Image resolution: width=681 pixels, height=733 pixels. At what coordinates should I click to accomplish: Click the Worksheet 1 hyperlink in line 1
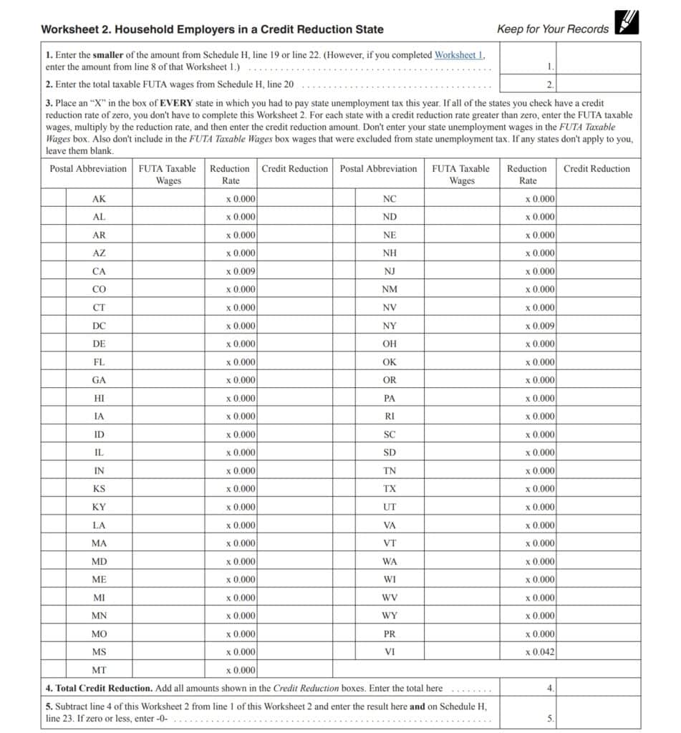tap(459, 54)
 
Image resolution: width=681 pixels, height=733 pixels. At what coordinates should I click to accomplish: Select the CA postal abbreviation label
tap(99, 271)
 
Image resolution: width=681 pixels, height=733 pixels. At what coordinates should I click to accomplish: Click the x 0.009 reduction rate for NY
tap(539, 326)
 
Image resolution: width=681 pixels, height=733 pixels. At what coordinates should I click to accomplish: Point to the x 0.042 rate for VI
tap(539, 652)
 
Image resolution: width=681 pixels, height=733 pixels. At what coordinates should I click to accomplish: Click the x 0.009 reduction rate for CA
tap(241, 271)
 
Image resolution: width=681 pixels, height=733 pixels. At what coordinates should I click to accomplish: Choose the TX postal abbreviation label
tap(390, 489)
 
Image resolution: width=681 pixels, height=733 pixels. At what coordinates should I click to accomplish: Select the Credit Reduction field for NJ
tap(597, 271)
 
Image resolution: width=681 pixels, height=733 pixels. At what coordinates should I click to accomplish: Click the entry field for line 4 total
tap(597, 688)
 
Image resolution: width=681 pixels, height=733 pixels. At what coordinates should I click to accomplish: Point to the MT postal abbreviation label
tap(99, 670)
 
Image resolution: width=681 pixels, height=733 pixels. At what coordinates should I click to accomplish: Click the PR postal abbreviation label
tap(390, 634)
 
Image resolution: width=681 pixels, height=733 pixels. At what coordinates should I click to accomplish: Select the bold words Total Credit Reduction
tap(102, 688)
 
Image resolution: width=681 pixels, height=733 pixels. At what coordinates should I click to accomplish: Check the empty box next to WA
tap(344, 561)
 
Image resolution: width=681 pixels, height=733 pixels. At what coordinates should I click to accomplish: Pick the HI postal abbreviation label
tap(99, 398)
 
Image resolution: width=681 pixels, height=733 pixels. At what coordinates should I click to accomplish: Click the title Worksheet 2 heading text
tap(212, 29)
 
